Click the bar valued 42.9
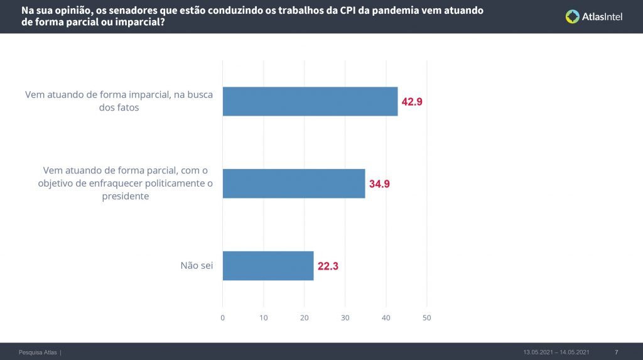(x=310, y=101)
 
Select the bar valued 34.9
(x=294, y=183)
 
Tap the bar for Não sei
(x=268, y=266)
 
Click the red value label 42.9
(x=412, y=102)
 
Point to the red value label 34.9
(x=379, y=184)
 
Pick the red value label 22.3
(x=328, y=266)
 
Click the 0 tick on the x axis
(x=223, y=317)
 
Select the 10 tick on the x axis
(x=264, y=317)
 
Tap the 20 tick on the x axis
(x=305, y=317)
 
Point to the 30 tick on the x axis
(x=345, y=317)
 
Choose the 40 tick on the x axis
(x=386, y=317)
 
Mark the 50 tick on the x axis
(x=427, y=317)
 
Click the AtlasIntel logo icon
(x=572, y=17)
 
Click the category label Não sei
(x=197, y=266)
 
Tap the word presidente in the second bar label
(x=126, y=196)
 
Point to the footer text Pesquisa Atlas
(x=38, y=352)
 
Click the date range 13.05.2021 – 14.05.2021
(x=556, y=352)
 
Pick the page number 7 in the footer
(x=616, y=352)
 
